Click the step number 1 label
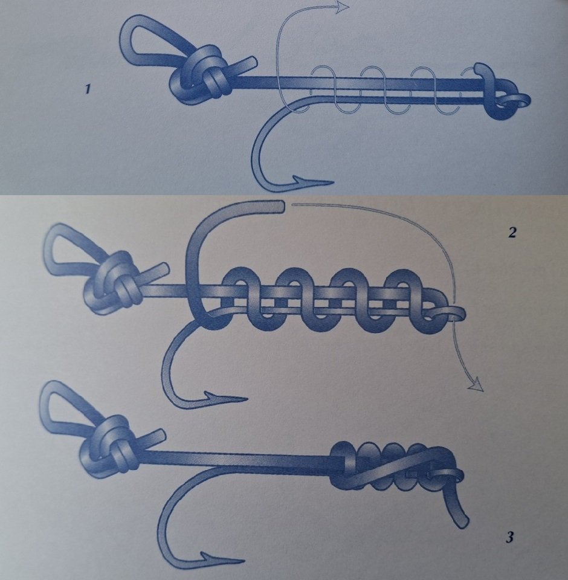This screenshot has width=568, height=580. point(88,89)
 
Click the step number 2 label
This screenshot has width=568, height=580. point(512,232)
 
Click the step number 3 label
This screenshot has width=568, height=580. point(509,537)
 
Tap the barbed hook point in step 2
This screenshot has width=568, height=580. point(226,399)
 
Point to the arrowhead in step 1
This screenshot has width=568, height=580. point(342,7)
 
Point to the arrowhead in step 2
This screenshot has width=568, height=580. point(476,385)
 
